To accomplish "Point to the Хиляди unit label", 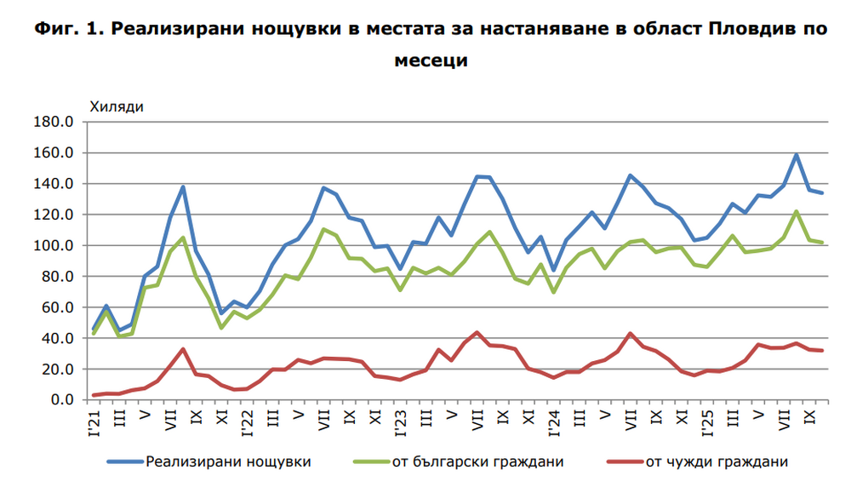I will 117,106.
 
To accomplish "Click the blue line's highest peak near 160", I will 797,155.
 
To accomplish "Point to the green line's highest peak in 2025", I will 797,211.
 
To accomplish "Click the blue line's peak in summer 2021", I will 183,187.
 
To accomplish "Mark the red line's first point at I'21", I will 94,395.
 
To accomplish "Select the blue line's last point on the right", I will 822,193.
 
